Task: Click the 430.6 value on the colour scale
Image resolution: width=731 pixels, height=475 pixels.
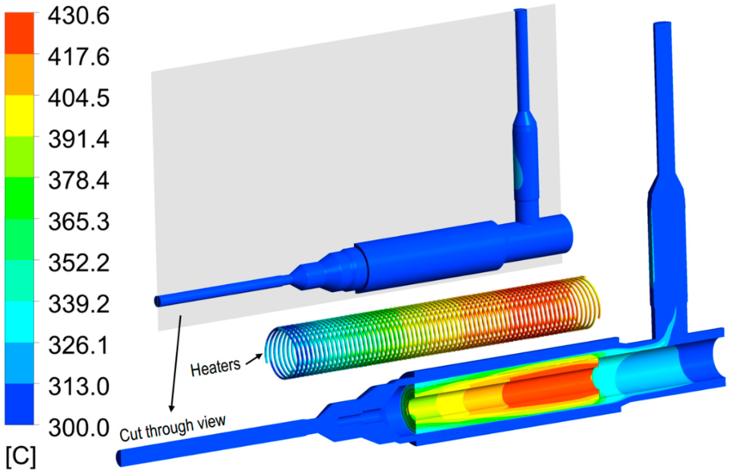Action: point(79,16)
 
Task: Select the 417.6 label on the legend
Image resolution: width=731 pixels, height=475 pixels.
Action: point(79,57)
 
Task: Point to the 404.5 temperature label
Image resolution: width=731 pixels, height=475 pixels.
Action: point(79,98)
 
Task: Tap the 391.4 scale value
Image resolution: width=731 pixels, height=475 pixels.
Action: point(79,140)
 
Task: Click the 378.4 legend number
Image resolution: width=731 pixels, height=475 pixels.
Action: point(79,181)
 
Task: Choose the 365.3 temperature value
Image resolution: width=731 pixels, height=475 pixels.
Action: point(79,222)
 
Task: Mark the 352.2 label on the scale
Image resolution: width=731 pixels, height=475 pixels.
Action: point(79,263)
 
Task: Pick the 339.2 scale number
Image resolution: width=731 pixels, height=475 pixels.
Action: point(79,304)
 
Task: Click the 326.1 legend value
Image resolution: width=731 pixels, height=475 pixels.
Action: point(79,346)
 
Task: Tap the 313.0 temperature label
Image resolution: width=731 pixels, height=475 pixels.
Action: point(79,387)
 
